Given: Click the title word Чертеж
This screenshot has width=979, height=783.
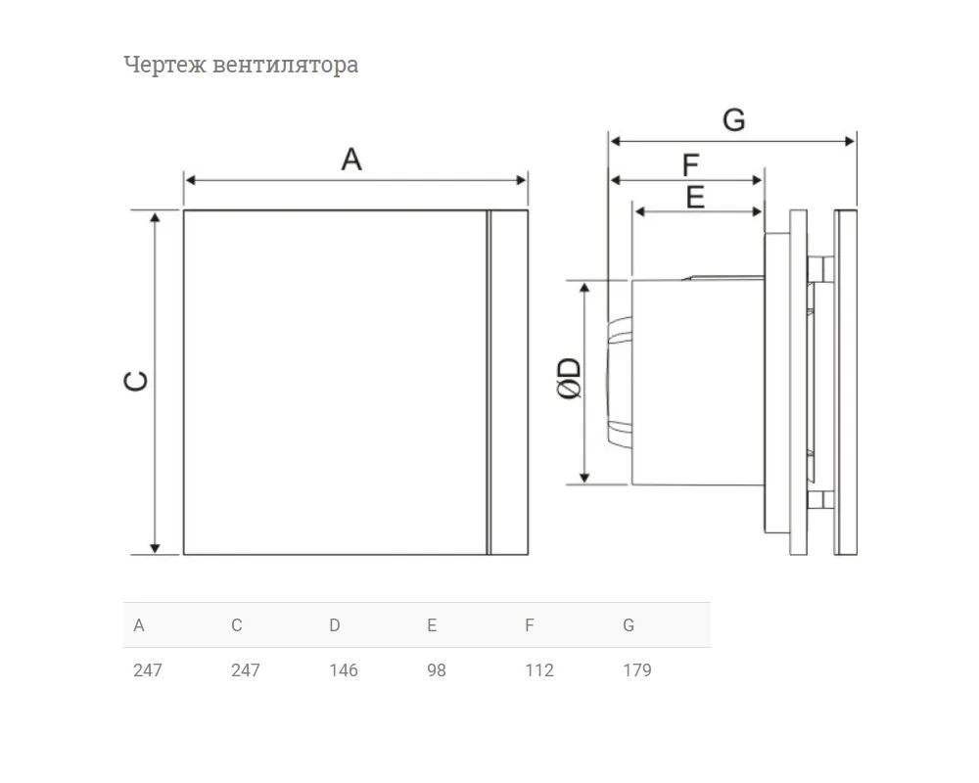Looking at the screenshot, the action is coord(164,66).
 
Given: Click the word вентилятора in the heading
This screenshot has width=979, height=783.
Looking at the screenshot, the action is coord(285,65).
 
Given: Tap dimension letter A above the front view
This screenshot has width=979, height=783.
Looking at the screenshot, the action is coord(351,160).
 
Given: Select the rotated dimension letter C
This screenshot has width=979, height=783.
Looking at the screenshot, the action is coord(136,381).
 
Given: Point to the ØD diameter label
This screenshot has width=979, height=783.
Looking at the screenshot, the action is coord(569,379).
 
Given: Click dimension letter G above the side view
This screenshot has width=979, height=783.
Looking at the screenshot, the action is coord(734,119).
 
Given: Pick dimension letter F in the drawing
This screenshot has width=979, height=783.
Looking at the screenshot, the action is coord(690,165).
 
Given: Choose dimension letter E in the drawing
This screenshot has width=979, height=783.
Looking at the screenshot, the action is coord(695,198).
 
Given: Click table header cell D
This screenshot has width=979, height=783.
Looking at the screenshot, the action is coord(335,625).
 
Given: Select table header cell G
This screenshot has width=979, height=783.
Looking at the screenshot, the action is coord(629,625).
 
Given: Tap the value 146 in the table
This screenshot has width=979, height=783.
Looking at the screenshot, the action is coord(344,670).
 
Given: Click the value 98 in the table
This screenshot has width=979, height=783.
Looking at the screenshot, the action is coord(437,670).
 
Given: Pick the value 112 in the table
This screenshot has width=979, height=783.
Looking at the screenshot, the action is coord(539,670).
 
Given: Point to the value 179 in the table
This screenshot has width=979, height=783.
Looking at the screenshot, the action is coord(637,670).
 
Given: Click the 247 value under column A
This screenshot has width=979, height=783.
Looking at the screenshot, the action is coord(148,670).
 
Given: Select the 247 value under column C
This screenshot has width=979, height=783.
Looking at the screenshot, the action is coord(246,670).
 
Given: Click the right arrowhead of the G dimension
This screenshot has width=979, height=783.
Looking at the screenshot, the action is coord(850,141).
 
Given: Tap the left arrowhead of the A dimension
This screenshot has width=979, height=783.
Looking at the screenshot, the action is coord(191,180).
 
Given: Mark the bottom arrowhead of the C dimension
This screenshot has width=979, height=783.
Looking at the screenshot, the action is coord(155,549).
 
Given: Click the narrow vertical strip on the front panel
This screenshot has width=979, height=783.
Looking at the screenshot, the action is coord(489,382).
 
